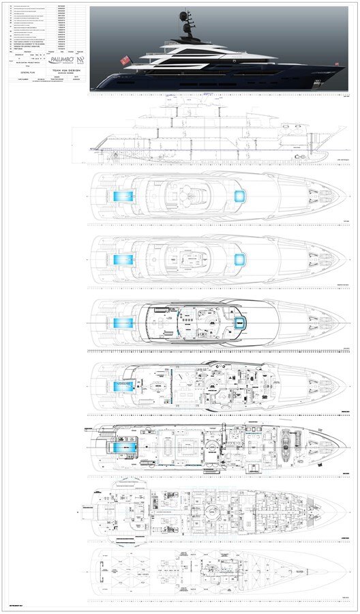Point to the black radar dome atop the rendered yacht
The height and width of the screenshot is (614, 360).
(184, 14)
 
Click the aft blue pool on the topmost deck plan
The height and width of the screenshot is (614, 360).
(122, 196)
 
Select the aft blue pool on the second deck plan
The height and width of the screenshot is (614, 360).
(122, 261)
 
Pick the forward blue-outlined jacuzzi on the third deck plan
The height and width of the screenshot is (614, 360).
(240, 323)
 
